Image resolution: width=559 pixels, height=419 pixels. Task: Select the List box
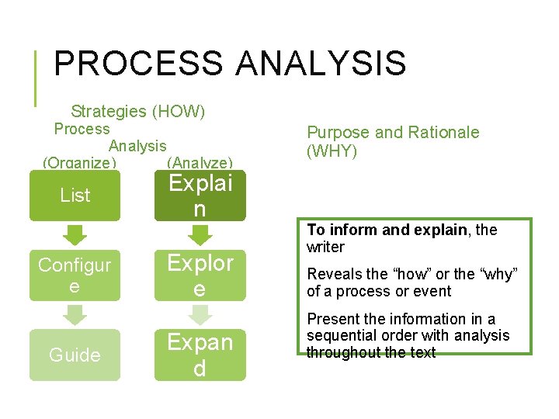(75, 196)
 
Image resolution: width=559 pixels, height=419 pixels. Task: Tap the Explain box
(200, 196)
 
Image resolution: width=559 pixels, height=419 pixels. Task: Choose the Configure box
(75, 275)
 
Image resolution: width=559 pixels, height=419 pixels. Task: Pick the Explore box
(200, 275)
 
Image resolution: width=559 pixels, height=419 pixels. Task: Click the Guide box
(75, 355)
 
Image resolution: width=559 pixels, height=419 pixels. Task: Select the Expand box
(200, 355)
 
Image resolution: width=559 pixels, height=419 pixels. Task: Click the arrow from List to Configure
(75, 235)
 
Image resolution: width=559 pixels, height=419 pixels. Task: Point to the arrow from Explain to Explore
(200, 235)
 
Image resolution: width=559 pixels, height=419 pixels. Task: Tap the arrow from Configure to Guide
(75, 314)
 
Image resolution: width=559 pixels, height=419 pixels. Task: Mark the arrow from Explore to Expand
(200, 314)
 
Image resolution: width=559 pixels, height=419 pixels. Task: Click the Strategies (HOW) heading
(137, 112)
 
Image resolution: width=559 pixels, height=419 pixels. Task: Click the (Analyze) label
(200, 162)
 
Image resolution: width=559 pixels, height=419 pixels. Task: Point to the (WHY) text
(332, 151)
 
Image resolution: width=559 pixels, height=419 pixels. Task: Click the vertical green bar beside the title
(36, 78)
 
